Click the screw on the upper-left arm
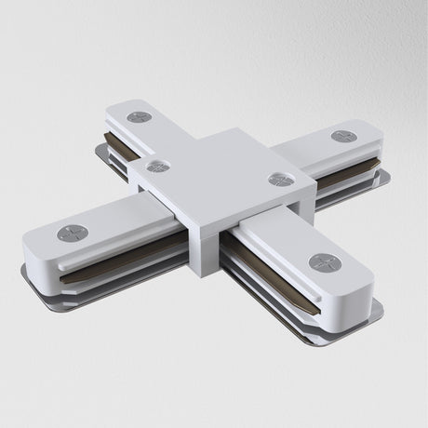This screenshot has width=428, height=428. [x=140, y=117]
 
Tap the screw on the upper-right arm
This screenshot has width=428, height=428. [x=343, y=137]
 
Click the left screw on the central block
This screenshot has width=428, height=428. [x=158, y=167]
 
